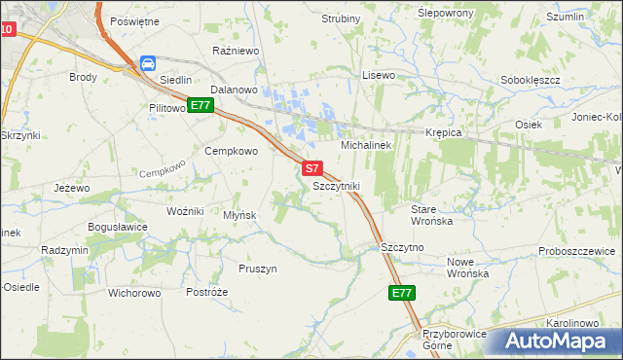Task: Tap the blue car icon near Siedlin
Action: tap(148, 64)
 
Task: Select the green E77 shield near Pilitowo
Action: tap(201, 105)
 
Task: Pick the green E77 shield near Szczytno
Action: tap(401, 293)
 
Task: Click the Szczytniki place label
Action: tap(337, 185)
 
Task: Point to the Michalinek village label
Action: tap(365, 145)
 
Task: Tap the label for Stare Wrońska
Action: tap(432, 215)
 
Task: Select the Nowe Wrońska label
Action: tap(466, 268)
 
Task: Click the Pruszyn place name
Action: tap(258, 269)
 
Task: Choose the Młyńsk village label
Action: tap(239, 215)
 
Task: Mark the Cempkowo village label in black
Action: tap(231, 151)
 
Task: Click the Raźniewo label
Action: tap(233, 48)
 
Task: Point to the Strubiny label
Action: tap(340, 18)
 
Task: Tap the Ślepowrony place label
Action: tap(445, 13)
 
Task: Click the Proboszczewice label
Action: tap(579, 251)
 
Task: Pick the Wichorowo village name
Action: tap(134, 292)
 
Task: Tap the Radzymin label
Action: tap(65, 250)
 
